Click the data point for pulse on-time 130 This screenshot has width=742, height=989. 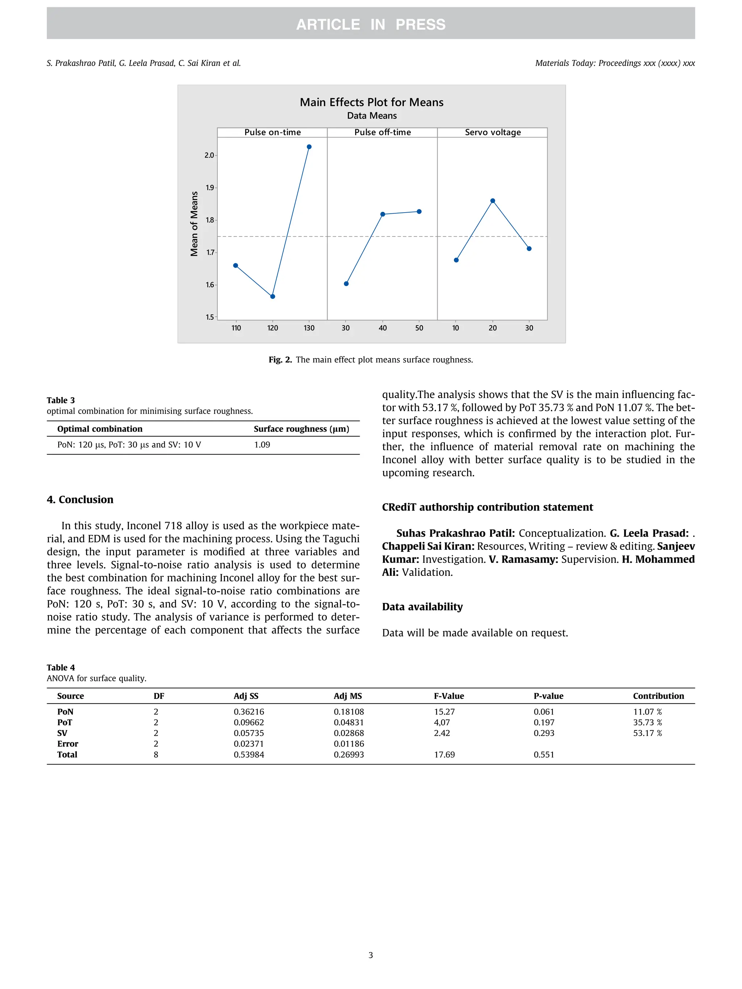309,147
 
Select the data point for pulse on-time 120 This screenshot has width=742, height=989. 273,297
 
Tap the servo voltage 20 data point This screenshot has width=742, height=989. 492,201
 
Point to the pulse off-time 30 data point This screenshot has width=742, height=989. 346,284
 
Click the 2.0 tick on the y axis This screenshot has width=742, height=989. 209,155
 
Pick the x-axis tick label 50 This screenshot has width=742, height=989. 419,328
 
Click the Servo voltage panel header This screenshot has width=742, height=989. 492,132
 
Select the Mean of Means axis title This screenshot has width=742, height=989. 194,223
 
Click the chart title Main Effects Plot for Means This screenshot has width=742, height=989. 371,102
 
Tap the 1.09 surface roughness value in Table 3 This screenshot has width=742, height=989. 262,444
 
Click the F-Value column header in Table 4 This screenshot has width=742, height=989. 449,696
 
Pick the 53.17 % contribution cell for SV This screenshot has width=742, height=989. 647,733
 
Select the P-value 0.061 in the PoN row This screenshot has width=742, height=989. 543,711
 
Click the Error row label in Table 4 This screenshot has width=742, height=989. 67,743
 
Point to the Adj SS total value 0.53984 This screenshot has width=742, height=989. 249,754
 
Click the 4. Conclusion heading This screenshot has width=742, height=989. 80,499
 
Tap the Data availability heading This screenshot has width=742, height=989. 422,607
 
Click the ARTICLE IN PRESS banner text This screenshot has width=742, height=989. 371,24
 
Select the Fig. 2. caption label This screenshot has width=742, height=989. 280,360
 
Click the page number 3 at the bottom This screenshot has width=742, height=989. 370,955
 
